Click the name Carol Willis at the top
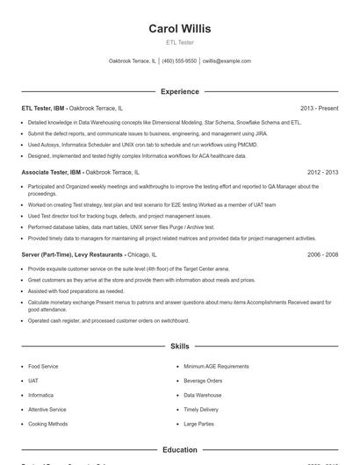point(180,29)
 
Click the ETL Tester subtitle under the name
point(180,42)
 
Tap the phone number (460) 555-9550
point(179,61)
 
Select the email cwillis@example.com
point(227,61)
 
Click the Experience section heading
point(180,91)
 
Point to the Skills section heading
point(180,347)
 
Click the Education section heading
point(180,450)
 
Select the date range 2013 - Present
point(319,109)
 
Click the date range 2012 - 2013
point(322,174)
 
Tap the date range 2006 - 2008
point(322,254)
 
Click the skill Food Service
point(43,366)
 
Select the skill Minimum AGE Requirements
point(216,366)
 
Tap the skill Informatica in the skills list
point(42,395)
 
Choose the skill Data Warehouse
point(203,395)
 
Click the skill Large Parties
point(198,424)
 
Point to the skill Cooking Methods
point(47,424)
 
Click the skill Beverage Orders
point(203,381)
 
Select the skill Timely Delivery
point(201,410)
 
